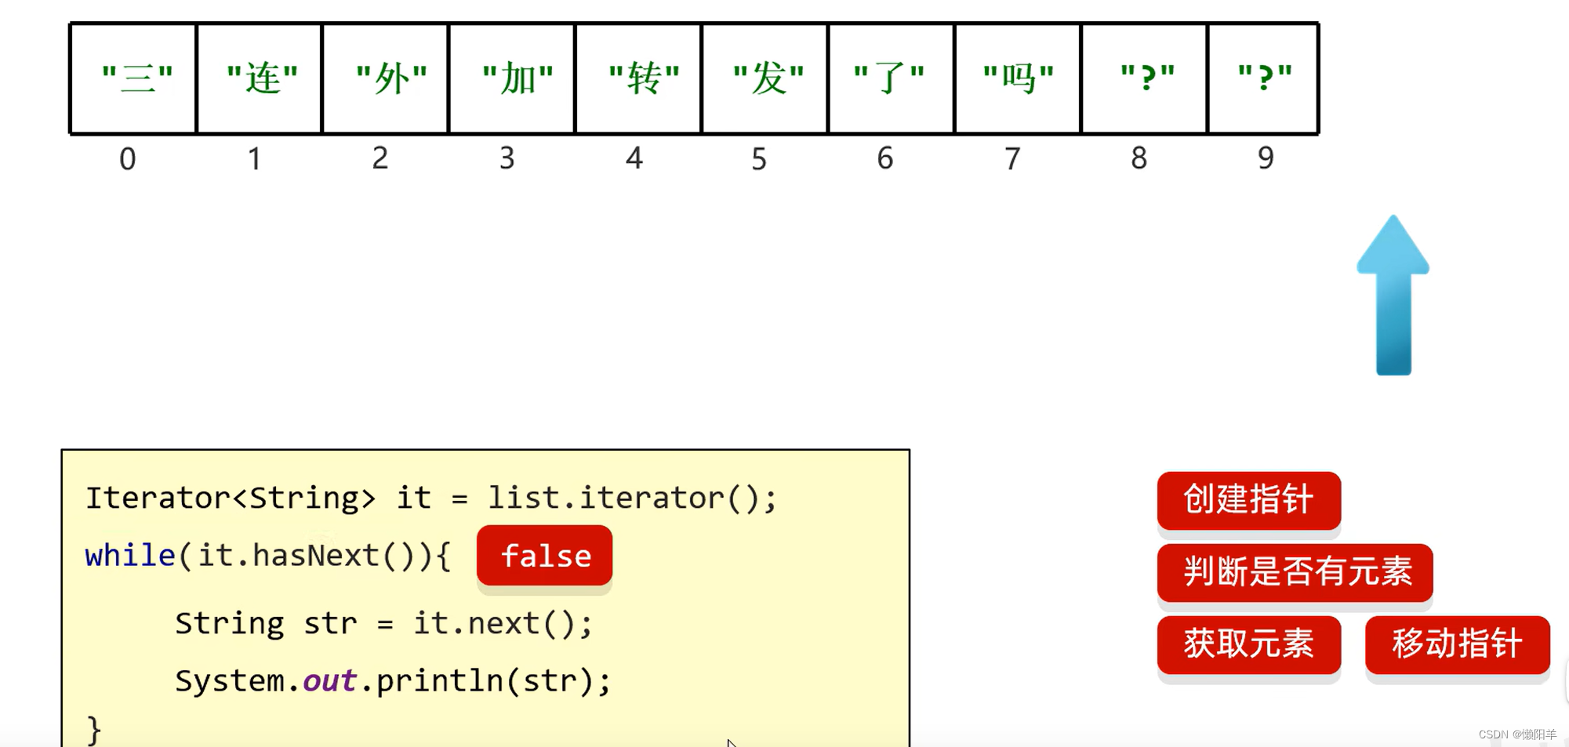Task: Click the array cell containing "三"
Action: [x=133, y=78]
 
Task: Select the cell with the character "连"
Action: [x=260, y=78]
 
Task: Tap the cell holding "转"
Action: [x=639, y=78]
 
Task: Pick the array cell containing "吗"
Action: [x=1018, y=78]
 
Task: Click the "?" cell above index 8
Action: [x=1145, y=78]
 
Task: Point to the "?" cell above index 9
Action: [x=1264, y=78]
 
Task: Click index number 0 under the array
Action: [x=128, y=159]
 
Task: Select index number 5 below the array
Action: [x=759, y=159]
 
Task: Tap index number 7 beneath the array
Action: [x=1012, y=159]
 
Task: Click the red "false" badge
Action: [x=545, y=556]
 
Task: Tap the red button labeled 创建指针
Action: [x=1248, y=500]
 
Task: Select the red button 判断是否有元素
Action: [x=1295, y=572]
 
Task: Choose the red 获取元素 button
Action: [x=1248, y=644]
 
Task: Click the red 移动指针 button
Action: [x=1457, y=644]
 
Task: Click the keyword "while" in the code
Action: [x=130, y=556]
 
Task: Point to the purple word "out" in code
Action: [x=329, y=680]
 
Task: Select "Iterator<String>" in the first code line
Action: [x=230, y=499]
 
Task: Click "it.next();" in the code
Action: [x=503, y=624]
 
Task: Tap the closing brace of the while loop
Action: [x=94, y=730]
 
